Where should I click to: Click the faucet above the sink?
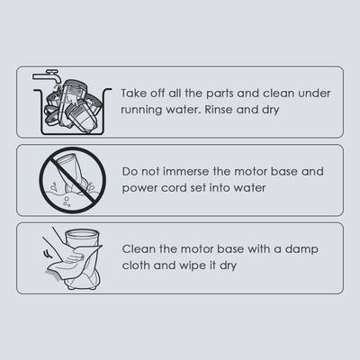[48, 76]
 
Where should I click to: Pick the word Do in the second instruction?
[130, 172]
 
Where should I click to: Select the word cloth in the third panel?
[136, 265]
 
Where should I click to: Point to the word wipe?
[193, 266]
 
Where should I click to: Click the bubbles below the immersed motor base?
[67, 202]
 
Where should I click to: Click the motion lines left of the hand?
[47, 255]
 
